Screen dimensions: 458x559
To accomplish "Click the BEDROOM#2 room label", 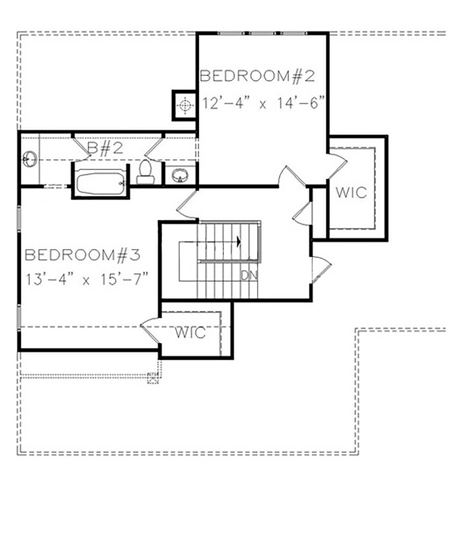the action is click(257, 76).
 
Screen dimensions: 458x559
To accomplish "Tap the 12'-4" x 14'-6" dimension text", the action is click(264, 103).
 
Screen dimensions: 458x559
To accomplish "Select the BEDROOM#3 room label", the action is click(82, 255).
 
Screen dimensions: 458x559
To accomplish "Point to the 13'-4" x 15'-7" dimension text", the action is click(87, 279).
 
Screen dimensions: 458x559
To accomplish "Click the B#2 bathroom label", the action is click(105, 148).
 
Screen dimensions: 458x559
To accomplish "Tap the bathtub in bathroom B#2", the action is click(100, 183).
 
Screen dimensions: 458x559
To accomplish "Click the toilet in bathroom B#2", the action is click(145, 172).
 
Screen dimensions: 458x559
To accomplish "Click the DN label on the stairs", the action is click(249, 275).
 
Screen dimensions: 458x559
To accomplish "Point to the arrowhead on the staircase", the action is click(239, 242).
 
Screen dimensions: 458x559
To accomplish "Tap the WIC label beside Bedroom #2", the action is click(351, 192).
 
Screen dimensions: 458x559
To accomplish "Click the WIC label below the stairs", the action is click(190, 332).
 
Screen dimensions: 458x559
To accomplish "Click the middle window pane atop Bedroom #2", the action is click(264, 34).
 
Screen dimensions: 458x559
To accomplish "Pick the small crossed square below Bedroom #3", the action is click(153, 378).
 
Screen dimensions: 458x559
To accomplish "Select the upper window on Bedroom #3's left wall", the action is click(19, 219).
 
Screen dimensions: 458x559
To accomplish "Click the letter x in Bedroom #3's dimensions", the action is click(86, 280).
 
